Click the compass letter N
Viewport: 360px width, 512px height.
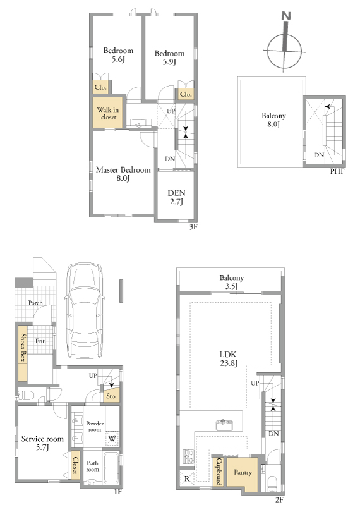pos(286,16)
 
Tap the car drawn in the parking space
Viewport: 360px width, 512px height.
pos(85,310)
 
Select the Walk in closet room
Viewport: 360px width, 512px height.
pos(108,113)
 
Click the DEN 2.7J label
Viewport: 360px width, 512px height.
pos(176,197)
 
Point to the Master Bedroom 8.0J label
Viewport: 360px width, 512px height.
pos(123,174)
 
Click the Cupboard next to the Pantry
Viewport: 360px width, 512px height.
pos(219,472)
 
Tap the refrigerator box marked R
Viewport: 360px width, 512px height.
pos(187,478)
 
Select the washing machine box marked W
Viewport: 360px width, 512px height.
pos(112,439)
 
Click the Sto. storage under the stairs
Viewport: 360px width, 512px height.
pos(112,396)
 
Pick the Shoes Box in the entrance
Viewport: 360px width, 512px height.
pos(23,353)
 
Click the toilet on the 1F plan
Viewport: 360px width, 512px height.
pos(27,395)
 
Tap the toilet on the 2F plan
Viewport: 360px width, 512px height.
pos(272,484)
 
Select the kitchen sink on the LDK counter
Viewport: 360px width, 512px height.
pos(224,425)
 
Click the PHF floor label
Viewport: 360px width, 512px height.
pos(337,171)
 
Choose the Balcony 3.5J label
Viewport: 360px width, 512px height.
pos(231,282)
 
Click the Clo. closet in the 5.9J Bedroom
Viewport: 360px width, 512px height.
pos(186,94)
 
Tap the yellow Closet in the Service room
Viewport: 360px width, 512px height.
pos(75,465)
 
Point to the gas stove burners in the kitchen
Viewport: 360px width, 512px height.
pos(189,456)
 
